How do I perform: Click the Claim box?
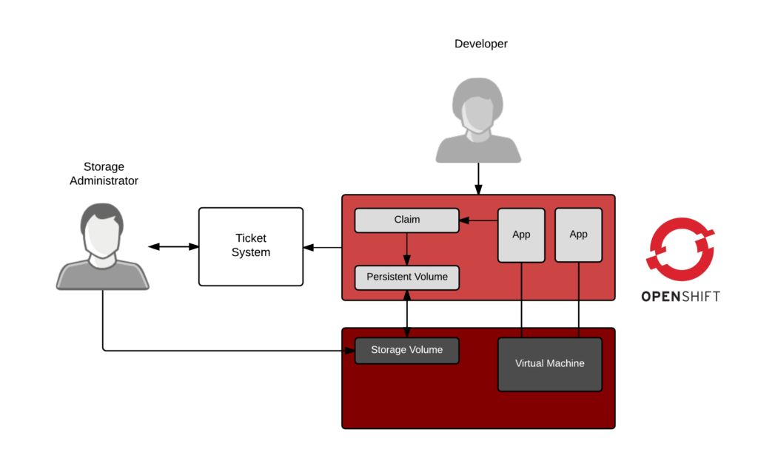coord(406,220)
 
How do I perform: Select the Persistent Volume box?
coord(406,277)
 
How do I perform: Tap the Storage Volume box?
coord(406,350)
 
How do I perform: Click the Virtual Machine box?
coord(549,364)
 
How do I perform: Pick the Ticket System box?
coord(250,246)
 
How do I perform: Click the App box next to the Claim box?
coord(521,235)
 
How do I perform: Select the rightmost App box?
coord(578,235)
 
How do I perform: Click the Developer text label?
coord(480,44)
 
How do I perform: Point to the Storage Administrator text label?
coord(104,174)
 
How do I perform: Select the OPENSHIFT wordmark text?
coord(680,297)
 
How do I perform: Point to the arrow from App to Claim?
coord(478,220)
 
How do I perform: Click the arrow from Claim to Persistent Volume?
coord(406,249)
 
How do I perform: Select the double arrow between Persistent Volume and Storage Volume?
coord(406,313)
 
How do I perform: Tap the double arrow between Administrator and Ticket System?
coord(172,246)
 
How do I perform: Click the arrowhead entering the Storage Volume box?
coord(349,351)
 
